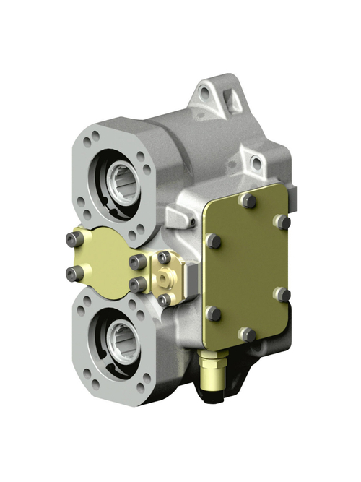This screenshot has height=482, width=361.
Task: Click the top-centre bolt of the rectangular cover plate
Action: [249, 200]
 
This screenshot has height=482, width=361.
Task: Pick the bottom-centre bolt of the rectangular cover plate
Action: [248, 334]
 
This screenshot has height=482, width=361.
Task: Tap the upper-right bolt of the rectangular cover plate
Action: [284, 221]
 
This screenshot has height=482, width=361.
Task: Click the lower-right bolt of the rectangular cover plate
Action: [283, 294]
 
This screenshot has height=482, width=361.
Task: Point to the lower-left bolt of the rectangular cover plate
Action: [213, 313]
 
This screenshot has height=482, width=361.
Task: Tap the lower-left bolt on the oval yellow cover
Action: [74, 272]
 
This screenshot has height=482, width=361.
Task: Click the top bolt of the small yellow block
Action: [165, 257]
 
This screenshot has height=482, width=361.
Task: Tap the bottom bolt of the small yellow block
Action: [165, 298]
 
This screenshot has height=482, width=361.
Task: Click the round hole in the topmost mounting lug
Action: [207, 93]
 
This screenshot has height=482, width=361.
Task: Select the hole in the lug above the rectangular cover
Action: [256, 164]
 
